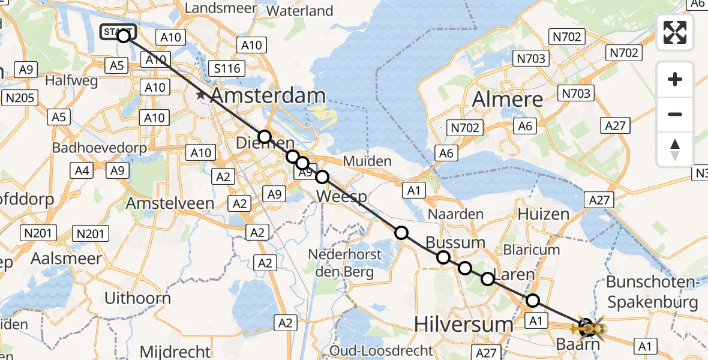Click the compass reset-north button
coord(675,149)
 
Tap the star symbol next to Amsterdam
coord(200,95)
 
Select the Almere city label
coord(508,100)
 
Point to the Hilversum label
coord(464,325)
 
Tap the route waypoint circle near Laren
coord(488,278)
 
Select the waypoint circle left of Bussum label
coord(401,233)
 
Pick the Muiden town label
coord(367,161)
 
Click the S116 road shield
coord(228,68)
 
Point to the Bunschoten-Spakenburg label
coord(652,292)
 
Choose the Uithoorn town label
coord(137,298)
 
